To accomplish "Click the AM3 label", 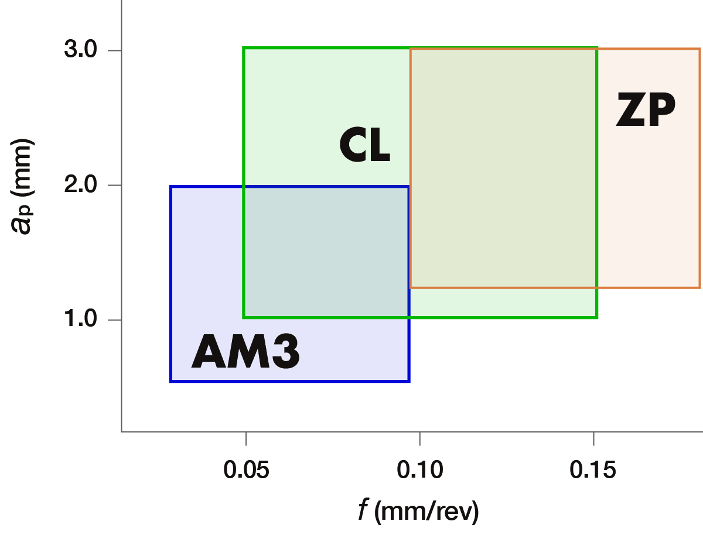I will [x=245, y=352].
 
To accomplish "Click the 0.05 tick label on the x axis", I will [x=246, y=469].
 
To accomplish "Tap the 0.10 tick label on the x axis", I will [x=419, y=469].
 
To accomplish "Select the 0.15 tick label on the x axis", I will [x=593, y=469].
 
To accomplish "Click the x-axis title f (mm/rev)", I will [x=418, y=511].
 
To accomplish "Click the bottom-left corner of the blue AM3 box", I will [x=170, y=381].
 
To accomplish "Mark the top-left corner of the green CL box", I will [x=244, y=48].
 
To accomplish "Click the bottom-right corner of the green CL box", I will [x=596, y=317].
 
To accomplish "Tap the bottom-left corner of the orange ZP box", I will [x=411, y=287].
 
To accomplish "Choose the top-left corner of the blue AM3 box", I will [x=170, y=187].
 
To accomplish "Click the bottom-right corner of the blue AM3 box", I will [x=409, y=381].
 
